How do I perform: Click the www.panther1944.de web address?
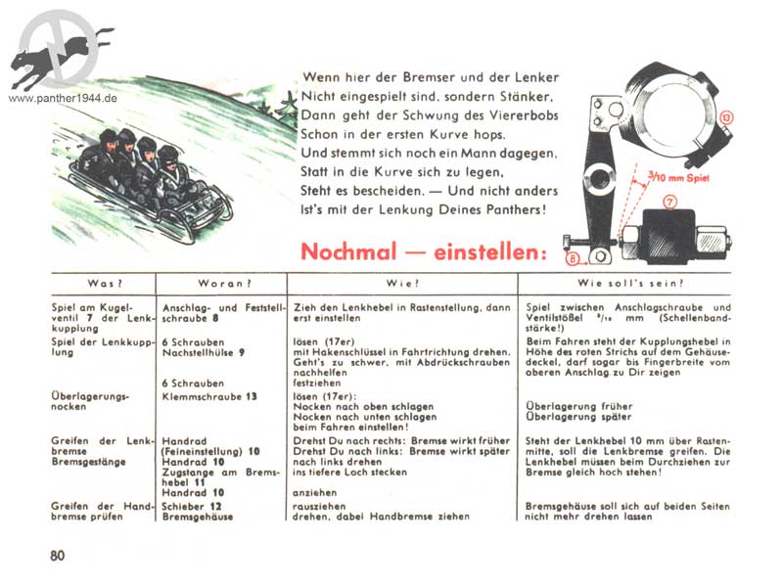tap(63, 99)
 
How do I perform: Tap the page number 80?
tap(58, 556)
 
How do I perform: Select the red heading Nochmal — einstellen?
tap(423, 251)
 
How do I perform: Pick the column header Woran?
tap(220, 284)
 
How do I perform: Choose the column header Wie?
tap(402, 284)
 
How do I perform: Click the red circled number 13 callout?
tap(726, 117)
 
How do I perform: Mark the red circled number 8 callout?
tap(574, 259)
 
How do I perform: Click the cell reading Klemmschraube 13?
tap(209, 396)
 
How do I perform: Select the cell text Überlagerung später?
tap(578, 416)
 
